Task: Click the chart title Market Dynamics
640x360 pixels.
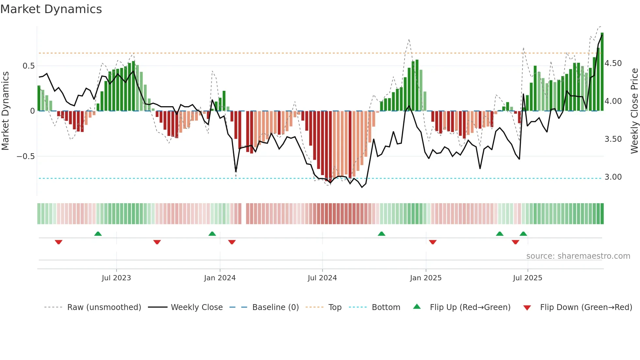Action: (51, 9)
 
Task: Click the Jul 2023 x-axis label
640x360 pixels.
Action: (116, 278)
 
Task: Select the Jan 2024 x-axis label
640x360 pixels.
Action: (220, 278)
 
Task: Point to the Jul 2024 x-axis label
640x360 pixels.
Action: (322, 278)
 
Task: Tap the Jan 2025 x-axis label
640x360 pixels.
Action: (425, 278)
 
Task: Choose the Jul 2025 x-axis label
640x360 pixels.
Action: (527, 278)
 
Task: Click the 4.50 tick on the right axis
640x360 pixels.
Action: (613, 63)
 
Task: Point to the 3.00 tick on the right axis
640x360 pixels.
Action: (613, 177)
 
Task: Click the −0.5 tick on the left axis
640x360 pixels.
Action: (25, 156)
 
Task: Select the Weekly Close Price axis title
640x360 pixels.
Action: (634, 111)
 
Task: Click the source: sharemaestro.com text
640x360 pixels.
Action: (578, 256)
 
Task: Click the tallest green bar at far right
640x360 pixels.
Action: (602, 72)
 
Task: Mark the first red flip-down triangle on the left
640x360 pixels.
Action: (58, 242)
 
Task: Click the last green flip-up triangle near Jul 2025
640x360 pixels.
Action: (523, 234)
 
